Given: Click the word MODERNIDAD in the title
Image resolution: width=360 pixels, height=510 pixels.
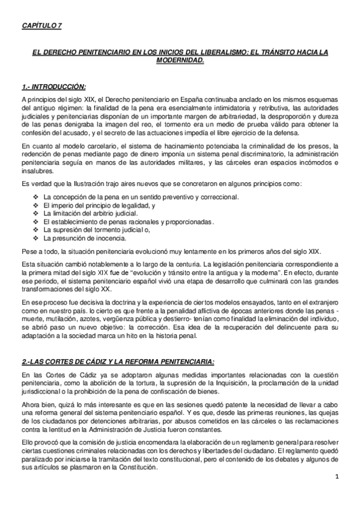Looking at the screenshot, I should pyautogui.click(x=179, y=61).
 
